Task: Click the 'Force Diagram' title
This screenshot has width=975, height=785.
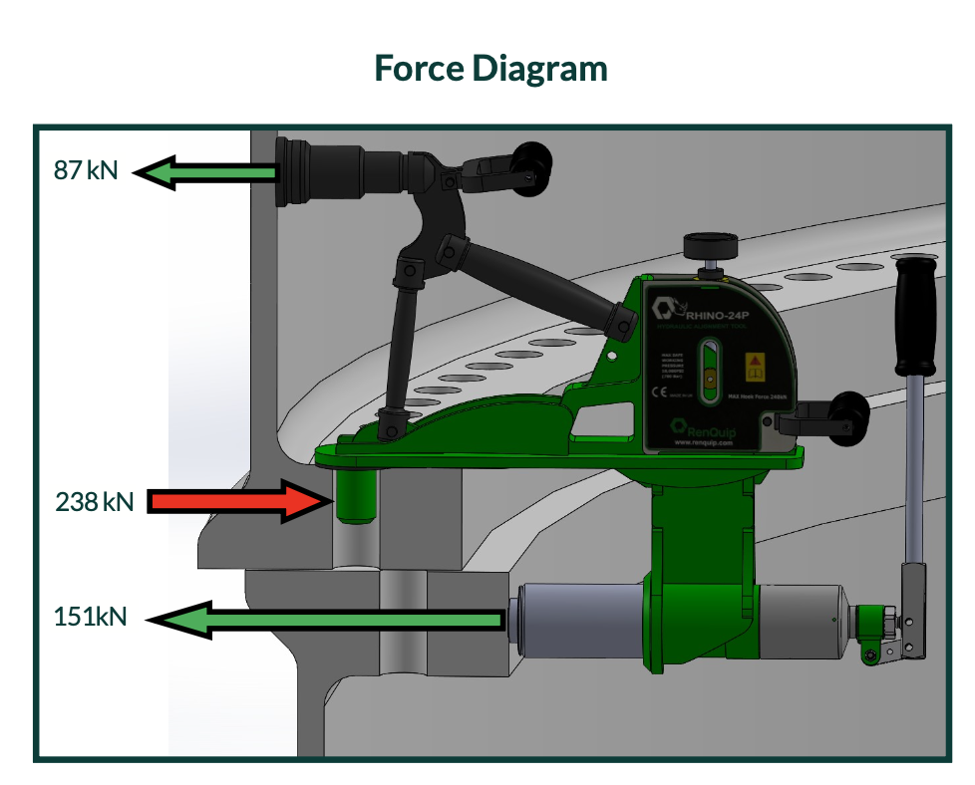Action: point(490,69)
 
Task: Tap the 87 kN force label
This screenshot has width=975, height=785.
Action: point(86,170)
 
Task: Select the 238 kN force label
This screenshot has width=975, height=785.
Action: point(95,500)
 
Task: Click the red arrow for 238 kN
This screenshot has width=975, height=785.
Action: point(239,500)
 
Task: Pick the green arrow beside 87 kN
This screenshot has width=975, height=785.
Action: point(204,172)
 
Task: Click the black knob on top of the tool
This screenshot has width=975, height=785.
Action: point(706,245)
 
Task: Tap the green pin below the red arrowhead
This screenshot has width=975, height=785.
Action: point(354,495)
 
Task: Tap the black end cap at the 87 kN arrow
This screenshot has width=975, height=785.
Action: point(293,172)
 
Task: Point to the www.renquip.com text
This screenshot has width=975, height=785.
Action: point(705,443)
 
